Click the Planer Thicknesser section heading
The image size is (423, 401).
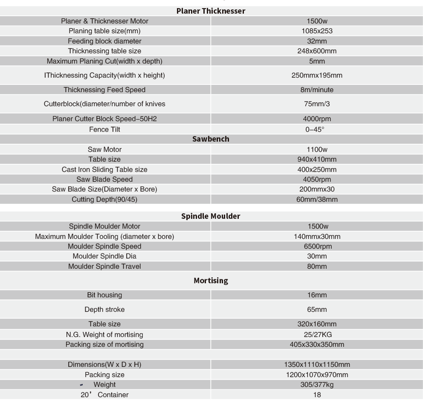(211, 11)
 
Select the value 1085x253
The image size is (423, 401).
(317, 31)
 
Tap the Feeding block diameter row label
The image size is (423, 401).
(104, 41)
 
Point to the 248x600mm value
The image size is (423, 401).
(317, 51)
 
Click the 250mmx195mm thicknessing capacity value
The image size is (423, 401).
(317, 76)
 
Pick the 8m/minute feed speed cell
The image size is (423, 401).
(317, 90)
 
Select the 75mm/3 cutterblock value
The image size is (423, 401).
(317, 104)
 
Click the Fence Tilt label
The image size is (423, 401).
(104, 129)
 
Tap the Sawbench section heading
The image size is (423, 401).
(211, 139)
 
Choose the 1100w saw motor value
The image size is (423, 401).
(317, 149)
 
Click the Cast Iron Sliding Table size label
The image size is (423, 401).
(104, 169)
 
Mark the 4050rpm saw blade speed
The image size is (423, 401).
(317, 179)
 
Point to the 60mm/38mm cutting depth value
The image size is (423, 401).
(317, 199)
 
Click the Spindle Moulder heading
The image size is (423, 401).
(211, 216)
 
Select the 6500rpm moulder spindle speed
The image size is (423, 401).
(317, 246)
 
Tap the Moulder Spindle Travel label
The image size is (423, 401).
(104, 266)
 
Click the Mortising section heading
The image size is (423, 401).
(211, 281)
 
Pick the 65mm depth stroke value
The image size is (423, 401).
(317, 309)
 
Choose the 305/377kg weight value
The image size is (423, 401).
(317, 384)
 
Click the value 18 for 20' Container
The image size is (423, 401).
(317, 395)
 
